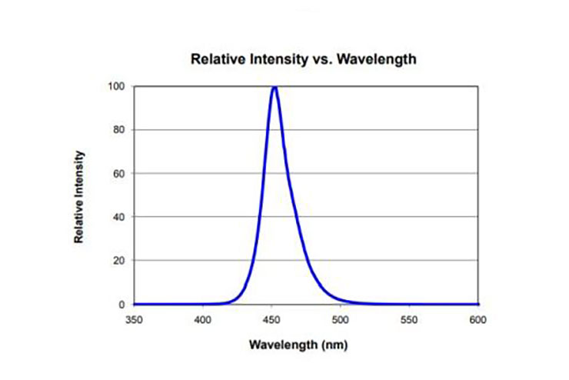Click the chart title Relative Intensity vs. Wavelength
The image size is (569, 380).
point(303,59)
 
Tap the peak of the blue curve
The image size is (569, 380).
point(274,87)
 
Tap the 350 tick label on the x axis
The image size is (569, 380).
point(134,318)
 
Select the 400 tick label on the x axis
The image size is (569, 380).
point(202,318)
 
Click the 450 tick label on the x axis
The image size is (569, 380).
point(271,318)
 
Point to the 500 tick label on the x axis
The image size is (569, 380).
point(340,318)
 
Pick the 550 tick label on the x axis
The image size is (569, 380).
point(408,318)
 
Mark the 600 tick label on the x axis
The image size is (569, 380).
point(477,318)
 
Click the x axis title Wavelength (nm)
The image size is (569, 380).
point(304,344)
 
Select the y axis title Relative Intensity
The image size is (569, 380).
point(79,197)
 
